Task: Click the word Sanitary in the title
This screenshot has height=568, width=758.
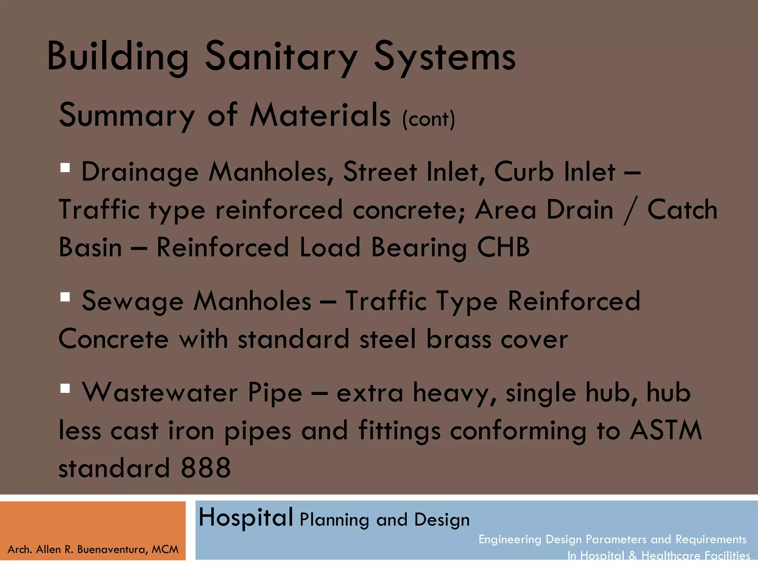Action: click(281, 57)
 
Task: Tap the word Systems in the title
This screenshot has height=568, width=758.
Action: click(445, 57)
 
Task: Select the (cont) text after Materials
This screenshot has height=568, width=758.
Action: click(429, 119)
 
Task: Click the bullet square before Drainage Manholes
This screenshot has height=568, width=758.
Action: click(65, 168)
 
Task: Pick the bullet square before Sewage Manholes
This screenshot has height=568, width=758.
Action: click(65, 297)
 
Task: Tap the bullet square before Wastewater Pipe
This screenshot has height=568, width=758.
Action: click(65, 388)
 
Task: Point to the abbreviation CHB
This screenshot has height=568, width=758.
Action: click(503, 247)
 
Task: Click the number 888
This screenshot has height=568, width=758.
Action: click(206, 468)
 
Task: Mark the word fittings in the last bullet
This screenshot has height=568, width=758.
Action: click(399, 431)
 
